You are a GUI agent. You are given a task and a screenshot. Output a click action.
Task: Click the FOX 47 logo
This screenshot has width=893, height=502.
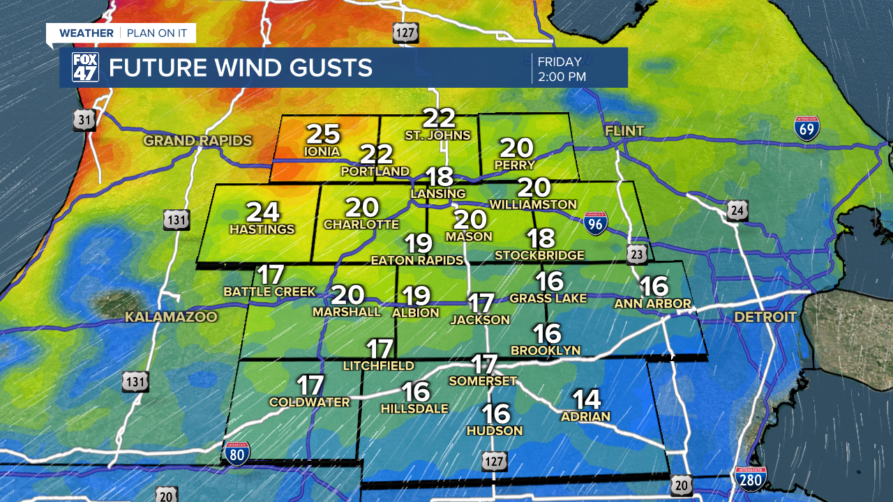point(86,68)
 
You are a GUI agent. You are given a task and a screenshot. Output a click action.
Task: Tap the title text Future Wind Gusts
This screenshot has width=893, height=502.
point(240,68)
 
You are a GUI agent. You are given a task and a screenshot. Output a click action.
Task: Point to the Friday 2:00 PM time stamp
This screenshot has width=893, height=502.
point(562,68)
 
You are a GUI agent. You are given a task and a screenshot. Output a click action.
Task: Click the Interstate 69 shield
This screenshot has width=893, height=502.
point(806,128)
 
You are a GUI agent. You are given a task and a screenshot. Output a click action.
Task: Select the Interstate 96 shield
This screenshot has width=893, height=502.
point(594,223)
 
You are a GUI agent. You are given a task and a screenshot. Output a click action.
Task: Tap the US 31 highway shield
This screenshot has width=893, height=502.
point(84,120)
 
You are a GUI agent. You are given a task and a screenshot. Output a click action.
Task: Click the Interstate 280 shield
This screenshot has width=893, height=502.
point(750,479)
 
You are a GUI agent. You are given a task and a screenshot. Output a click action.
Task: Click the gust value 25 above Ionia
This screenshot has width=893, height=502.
point(323,134)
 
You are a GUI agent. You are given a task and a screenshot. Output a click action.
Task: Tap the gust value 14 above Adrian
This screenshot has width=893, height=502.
point(586,400)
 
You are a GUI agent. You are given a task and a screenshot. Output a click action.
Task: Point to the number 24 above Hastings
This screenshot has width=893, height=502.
point(262,212)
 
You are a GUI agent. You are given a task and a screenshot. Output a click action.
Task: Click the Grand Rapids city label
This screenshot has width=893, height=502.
point(197,141)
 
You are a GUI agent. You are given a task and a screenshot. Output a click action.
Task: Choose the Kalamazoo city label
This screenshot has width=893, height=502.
point(171,317)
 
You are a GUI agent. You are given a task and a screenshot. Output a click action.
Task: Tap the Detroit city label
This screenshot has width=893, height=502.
point(765,317)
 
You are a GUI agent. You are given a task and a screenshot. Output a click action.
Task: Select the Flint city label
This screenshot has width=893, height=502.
point(624,131)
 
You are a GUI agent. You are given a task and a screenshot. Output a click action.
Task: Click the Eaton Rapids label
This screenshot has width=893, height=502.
point(417,260)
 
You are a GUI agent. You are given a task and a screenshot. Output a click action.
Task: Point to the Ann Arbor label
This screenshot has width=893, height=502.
point(652,304)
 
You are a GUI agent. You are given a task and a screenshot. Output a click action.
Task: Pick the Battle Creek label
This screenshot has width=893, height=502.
point(269,291)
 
